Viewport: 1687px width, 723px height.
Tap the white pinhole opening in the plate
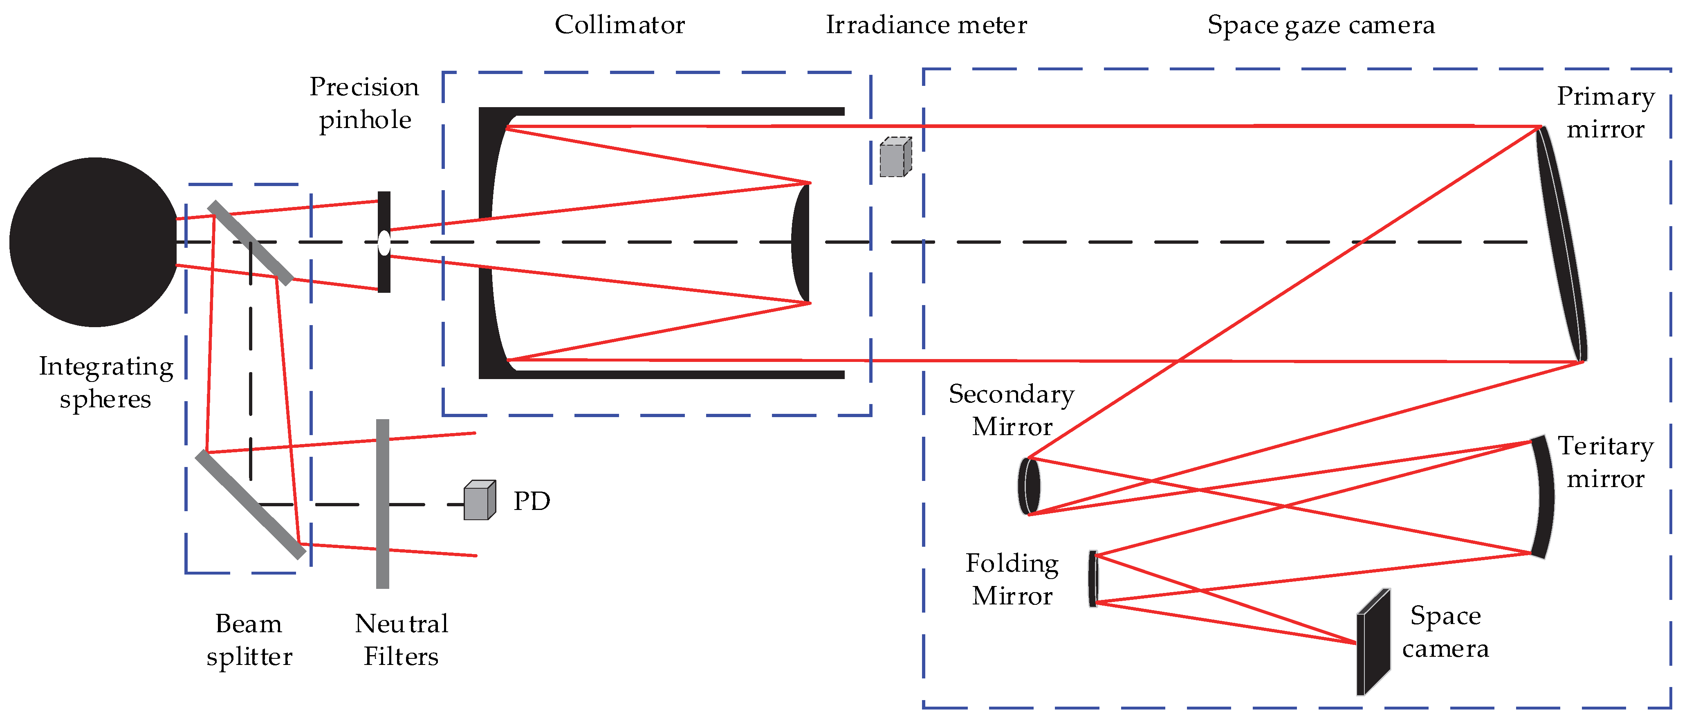click(384, 243)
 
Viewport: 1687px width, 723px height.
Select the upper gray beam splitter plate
click(250, 243)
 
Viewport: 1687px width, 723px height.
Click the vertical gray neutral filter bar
click(382, 504)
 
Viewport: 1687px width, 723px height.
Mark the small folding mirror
click(1093, 579)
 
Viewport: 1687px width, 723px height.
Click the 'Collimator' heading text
click(619, 25)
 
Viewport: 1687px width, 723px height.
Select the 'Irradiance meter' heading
click(926, 25)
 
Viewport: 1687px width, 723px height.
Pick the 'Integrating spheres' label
click(106, 382)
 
